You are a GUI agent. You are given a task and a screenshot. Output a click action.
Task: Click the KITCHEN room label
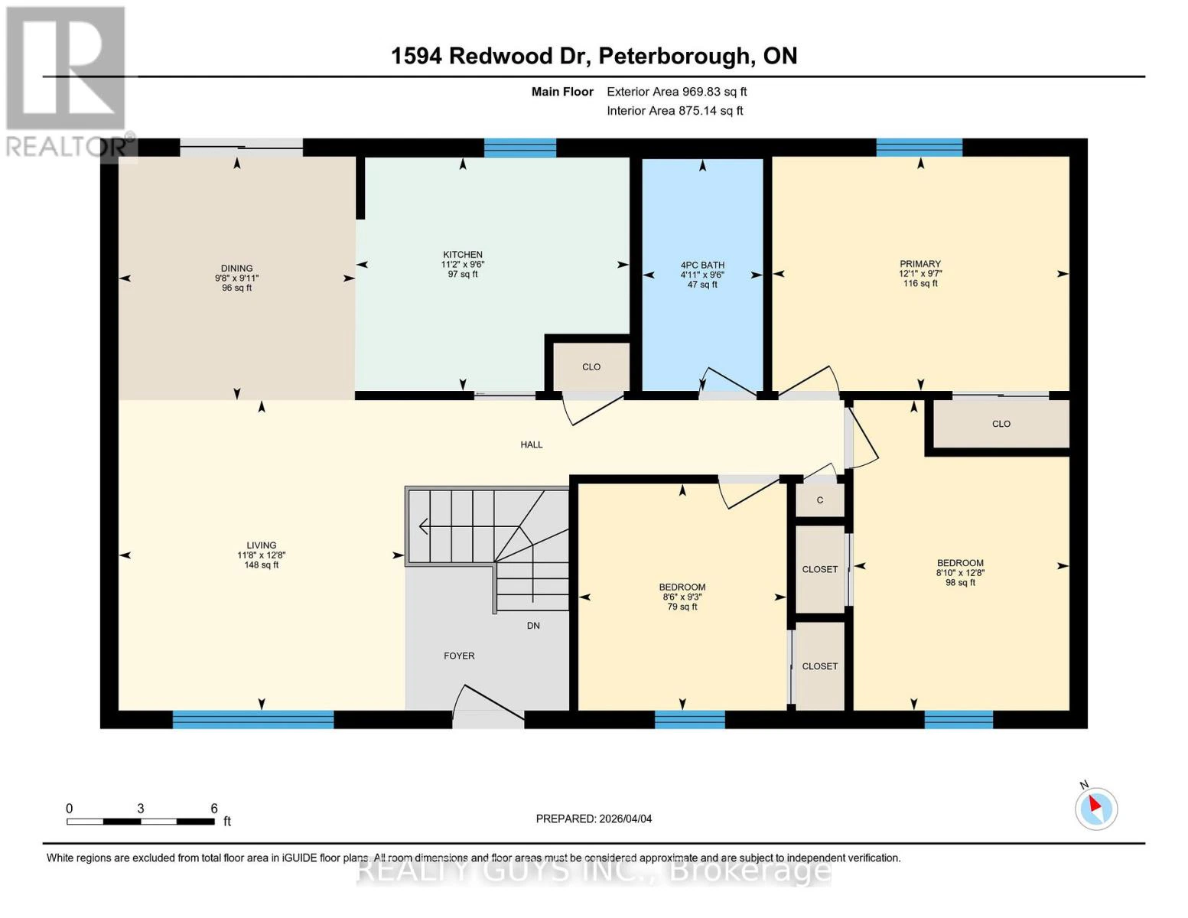coord(463,255)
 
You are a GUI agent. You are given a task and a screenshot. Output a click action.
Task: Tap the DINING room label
coord(236,269)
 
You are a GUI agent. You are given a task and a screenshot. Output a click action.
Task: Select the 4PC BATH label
coord(702,265)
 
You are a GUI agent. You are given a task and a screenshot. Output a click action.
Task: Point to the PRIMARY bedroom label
coord(919,264)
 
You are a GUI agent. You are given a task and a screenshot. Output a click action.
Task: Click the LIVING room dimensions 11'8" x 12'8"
coord(261,555)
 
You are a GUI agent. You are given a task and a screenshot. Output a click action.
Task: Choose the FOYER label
coord(459,656)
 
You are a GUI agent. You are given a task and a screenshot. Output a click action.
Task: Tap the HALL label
coord(532,444)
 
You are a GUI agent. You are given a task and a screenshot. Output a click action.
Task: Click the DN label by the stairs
coord(533,626)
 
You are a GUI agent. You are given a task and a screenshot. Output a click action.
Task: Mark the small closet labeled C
coord(819,500)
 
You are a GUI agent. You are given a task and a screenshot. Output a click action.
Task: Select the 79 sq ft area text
coord(682,607)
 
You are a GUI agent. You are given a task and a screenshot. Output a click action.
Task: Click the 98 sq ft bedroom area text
coord(960,582)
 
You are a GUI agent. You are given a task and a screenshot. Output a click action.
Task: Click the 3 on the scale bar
coord(141,809)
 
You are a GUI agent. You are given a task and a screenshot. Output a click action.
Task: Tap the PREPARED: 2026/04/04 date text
coord(594,819)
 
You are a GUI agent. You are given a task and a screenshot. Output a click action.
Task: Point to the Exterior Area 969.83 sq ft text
coord(676,92)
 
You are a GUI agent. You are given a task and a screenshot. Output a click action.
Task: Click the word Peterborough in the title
coord(674,56)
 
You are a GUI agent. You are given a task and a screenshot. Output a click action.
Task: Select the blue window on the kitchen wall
coord(520,148)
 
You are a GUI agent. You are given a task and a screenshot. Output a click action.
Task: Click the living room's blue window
coord(253,719)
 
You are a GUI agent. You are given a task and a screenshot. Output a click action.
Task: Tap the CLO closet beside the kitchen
coord(591,366)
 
